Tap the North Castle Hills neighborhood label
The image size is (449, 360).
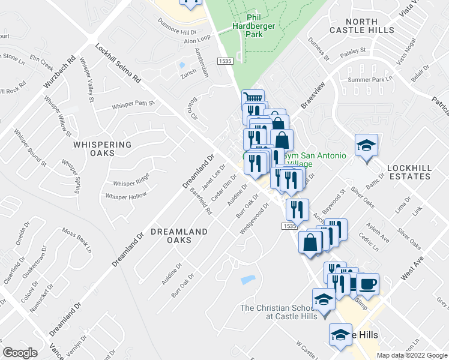tap(362, 25)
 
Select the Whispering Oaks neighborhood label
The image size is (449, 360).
tap(102, 149)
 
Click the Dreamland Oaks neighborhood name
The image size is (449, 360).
tap(179, 236)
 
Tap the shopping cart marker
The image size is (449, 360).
tap(253, 98)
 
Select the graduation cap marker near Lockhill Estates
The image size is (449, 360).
tap(366, 146)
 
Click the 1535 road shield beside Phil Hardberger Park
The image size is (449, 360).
tap(225, 61)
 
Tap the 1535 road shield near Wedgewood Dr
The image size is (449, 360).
tap(289, 226)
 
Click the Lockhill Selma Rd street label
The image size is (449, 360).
tap(118, 62)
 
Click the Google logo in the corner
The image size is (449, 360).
tap(20, 353)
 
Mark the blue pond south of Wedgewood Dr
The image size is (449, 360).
tap(247, 280)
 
